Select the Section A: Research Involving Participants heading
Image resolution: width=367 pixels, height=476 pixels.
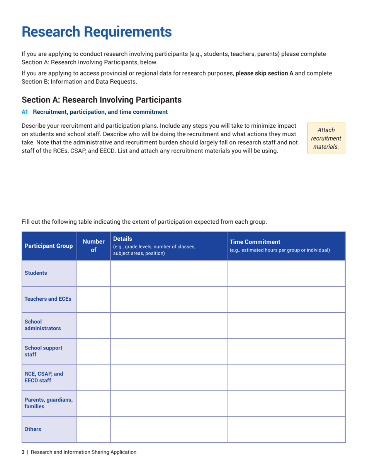102,99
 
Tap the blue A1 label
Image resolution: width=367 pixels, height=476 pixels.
25,112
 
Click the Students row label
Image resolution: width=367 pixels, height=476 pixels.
36,273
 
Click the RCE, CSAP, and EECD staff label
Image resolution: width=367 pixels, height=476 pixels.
40,377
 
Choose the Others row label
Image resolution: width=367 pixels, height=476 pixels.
33,429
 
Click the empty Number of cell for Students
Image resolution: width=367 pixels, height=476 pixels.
93,273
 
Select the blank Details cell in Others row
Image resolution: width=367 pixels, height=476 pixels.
168,429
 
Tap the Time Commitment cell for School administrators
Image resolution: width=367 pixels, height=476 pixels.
285,325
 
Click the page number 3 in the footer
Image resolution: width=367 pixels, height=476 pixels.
23,452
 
